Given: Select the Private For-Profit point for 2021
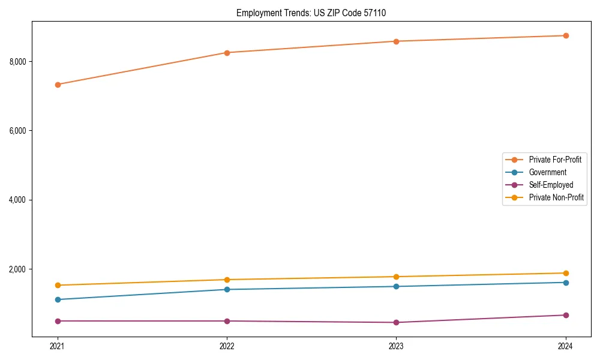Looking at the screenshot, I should pos(58,85).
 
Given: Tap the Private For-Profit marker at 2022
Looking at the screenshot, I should pos(227,53).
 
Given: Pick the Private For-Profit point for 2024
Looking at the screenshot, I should pos(566,35).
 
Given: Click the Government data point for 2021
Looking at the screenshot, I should pos(58,299).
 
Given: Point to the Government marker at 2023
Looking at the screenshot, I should pos(397,286).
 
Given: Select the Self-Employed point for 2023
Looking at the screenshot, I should pos(397,322).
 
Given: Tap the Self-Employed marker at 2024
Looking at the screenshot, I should pos(566,315).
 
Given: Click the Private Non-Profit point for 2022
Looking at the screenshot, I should pos(227,280).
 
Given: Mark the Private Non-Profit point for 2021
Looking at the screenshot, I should pos(58,285).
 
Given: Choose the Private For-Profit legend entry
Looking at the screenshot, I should pos(554,160).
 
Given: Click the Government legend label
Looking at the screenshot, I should pos(547,172).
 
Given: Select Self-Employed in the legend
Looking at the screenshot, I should pos(551,185).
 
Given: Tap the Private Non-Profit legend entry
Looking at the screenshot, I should pos(556,197).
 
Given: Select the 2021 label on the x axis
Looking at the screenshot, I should pos(58,346).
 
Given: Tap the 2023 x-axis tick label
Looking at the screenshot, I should pos(397,346).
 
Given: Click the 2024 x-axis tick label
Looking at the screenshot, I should pos(566,346).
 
